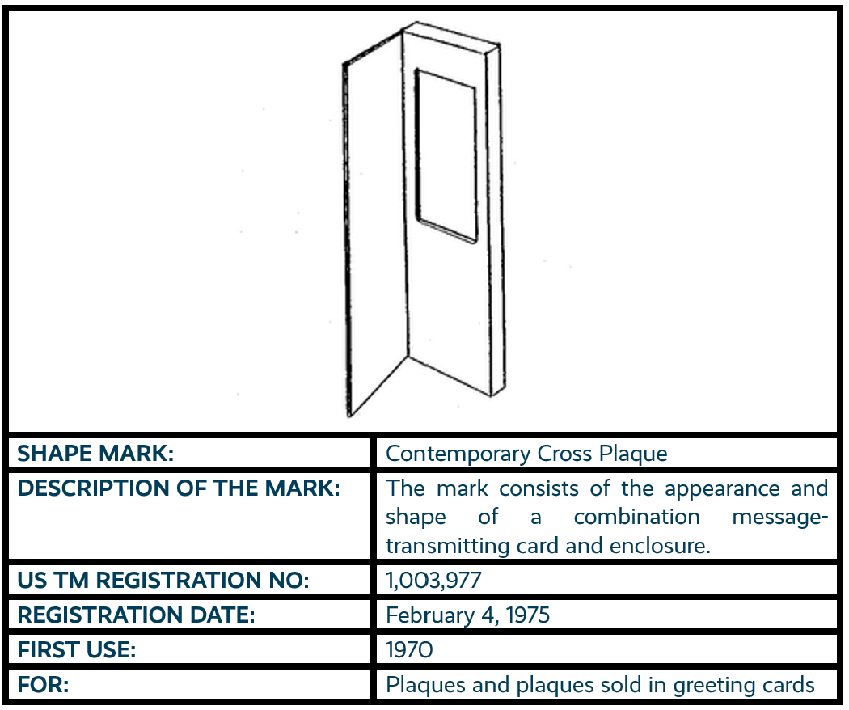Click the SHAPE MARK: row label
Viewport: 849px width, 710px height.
click(x=95, y=454)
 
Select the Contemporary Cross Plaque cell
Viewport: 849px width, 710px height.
click(x=526, y=454)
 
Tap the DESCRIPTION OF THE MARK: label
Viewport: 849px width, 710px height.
click(x=178, y=489)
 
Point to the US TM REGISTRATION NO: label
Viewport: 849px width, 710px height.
click(x=163, y=581)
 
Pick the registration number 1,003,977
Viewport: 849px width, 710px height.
click(x=434, y=581)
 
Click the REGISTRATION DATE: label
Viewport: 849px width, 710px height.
click(x=136, y=615)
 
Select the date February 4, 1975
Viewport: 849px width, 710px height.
click(x=467, y=615)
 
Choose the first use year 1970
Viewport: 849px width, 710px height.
click(x=410, y=650)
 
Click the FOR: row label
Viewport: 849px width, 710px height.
click(x=43, y=685)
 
